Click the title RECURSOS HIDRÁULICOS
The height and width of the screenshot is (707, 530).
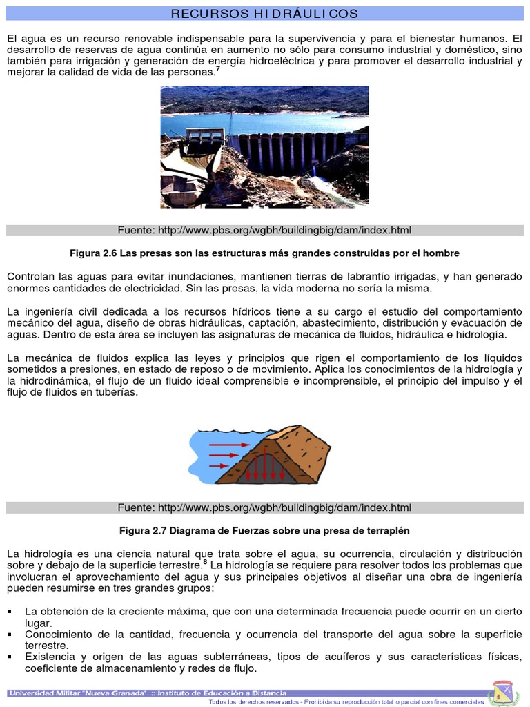click(264, 14)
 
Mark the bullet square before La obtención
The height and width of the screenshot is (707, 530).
click(10, 612)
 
